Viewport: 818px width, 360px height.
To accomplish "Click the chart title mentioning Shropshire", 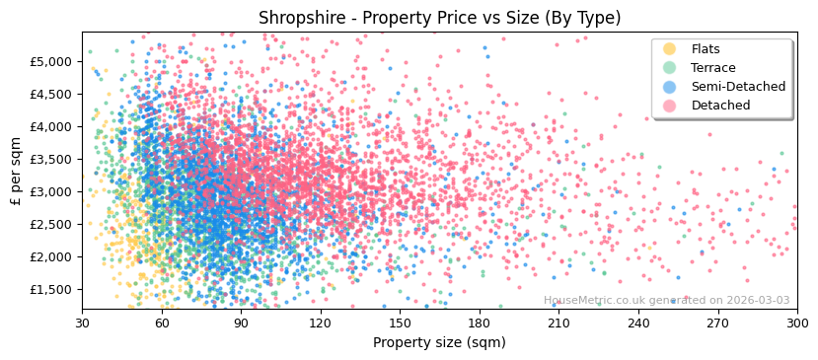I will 439,18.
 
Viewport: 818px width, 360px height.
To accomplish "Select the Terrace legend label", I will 713,68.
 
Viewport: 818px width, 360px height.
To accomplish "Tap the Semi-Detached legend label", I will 738,87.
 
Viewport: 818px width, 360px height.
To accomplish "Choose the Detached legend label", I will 720,106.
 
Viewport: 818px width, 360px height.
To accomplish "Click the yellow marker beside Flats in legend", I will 669,49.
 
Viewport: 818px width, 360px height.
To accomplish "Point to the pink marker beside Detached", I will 669,106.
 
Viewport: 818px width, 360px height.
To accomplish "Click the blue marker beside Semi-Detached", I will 669,87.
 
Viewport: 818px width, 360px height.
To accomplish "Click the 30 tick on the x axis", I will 82,323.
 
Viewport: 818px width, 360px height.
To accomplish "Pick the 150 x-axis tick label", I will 400,323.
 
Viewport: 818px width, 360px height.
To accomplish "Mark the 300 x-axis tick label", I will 796,323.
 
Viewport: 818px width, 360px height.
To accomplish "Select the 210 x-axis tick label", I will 558,323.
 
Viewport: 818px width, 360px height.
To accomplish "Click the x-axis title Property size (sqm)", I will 439,342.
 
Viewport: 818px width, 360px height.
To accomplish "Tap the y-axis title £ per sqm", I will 16,172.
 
